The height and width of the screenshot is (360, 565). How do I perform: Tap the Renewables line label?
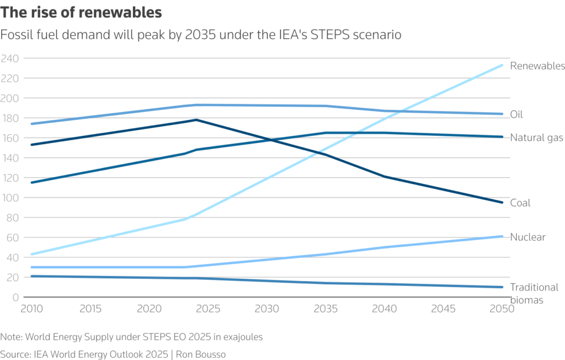pos(537,66)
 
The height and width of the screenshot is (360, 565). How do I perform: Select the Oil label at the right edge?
pos(516,115)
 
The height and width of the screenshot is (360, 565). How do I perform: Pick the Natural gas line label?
pos(536,138)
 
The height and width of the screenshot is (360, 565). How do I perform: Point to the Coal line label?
pos(520,203)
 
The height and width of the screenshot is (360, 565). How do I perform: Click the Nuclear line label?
pos(527,237)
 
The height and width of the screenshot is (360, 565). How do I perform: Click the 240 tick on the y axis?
pos(9,59)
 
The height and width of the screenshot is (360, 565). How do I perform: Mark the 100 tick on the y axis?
pos(9,198)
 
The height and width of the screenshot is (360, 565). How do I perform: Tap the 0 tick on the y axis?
pos(15,297)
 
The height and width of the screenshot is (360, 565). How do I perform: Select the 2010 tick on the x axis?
pos(31,308)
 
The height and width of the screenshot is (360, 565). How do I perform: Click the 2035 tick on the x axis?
pos(326,308)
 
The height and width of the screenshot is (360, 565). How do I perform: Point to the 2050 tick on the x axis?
pos(501,308)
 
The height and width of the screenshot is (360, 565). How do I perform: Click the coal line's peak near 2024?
pos(196,120)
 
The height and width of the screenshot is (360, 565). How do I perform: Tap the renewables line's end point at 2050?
pos(502,65)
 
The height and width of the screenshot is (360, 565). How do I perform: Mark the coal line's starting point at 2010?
pos(32,145)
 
